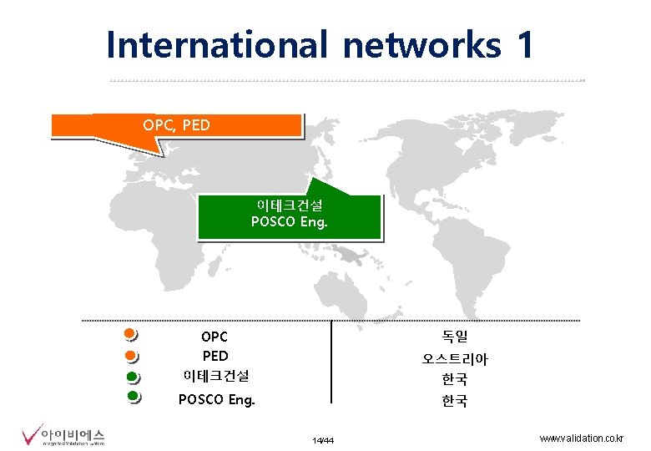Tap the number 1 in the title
(x=524, y=45)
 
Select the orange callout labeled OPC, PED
(x=176, y=125)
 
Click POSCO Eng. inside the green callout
(x=290, y=222)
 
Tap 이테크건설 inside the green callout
(x=290, y=205)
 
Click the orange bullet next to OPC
(x=129, y=335)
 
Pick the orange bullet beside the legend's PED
(x=129, y=357)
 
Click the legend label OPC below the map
(x=214, y=337)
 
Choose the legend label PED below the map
(x=214, y=357)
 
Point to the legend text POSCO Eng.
(x=216, y=400)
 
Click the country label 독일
(x=455, y=337)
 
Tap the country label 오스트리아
(x=455, y=359)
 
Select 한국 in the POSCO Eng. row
(x=455, y=401)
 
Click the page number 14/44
(x=323, y=440)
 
